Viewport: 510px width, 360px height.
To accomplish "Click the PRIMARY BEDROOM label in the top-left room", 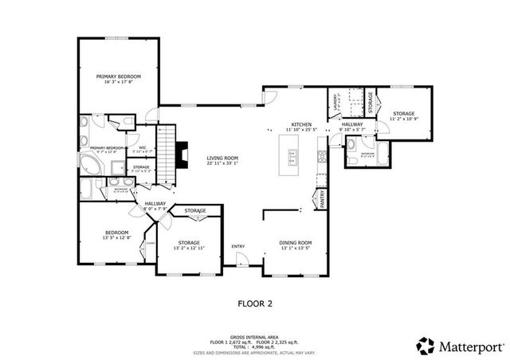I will click(x=118, y=78).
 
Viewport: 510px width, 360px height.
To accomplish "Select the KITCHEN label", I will click(x=302, y=124).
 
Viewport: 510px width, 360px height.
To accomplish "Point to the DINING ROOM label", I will click(x=294, y=243).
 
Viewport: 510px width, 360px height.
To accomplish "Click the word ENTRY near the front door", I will click(x=237, y=246).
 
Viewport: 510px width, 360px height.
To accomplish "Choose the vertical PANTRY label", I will click(x=323, y=198).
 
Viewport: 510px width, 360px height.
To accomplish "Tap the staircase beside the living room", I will click(x=166, y=153).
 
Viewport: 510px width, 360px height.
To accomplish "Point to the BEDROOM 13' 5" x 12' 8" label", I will click(x=117, y=234).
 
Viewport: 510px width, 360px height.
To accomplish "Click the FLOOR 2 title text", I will click(x=255, y=303).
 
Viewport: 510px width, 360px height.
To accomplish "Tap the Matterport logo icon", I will click(x=426, y=346).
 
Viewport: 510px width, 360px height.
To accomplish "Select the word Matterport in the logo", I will click(x=469, y=346).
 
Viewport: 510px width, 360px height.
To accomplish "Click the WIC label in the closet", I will click(x=143, y=147).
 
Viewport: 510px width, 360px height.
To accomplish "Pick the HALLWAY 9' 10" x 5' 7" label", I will click(x=352, y=127).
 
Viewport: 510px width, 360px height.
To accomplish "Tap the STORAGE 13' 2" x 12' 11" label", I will click(x=188, y=244).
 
